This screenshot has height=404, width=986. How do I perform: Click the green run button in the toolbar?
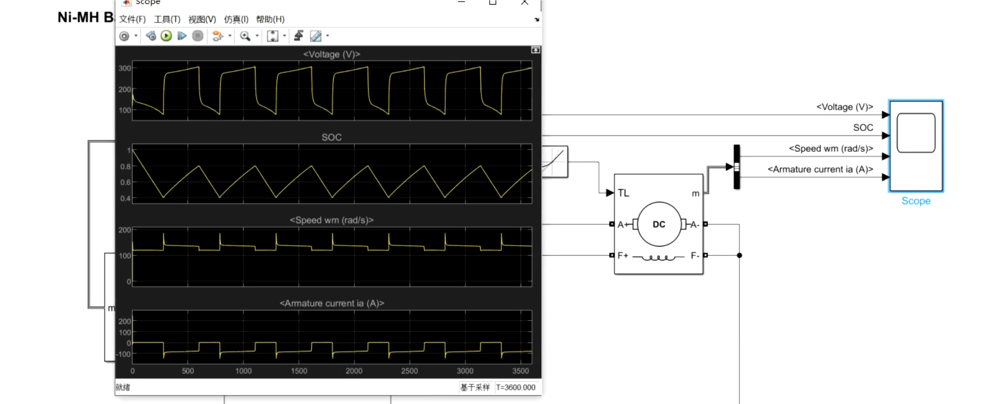tap(166, 36)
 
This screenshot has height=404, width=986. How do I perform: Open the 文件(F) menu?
tap(132, 20)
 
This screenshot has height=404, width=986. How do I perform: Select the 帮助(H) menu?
tap(270, 20)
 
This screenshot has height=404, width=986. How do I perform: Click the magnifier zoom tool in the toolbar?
tap(245, 36)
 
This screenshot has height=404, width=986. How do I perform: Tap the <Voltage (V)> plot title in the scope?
tap(331, 54)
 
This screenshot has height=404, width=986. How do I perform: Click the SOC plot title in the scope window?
tap(331, 137)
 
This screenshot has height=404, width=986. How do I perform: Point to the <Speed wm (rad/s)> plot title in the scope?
tap(331, 220)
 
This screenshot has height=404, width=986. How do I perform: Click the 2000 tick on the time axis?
tap(354, 371)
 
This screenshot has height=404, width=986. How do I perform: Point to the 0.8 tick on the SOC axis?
tap(125, 167)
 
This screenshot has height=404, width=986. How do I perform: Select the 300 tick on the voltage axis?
tap(124, 68)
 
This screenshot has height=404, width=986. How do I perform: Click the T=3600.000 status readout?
tap(515, 387)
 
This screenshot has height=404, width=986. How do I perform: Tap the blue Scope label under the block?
tap(916, 201)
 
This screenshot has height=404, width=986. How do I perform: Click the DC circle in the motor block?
tap(659, 224)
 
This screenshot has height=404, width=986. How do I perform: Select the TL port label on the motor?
tap(623, 193)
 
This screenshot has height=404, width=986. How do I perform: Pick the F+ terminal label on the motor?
tap(623, 255)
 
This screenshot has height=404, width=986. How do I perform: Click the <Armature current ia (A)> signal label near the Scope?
tap(820, 169)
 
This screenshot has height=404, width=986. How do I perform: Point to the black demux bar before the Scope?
tap(737, 167)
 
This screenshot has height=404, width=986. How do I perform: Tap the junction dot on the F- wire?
tap(739, 255)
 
